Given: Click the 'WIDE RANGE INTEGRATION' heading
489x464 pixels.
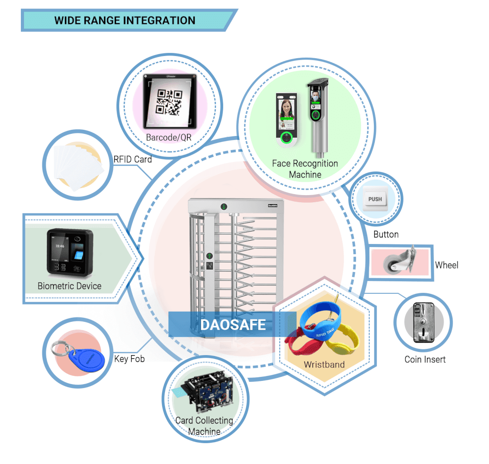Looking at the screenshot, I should (124, 20).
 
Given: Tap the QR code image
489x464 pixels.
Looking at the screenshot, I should (169, 102).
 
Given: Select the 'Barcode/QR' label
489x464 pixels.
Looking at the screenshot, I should (168, 137).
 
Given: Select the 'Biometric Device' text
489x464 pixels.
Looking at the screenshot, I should (69, 286).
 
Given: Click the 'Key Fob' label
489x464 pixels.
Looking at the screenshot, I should (129, 359).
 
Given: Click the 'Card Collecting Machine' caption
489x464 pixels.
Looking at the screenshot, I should (204, 426).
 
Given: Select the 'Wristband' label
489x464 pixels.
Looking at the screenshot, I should (324, 364).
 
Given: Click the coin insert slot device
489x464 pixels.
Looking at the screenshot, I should (422, 322).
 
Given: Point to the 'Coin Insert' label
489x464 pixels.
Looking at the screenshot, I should (425, 360).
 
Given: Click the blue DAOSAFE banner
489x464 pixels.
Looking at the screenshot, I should (232, 324).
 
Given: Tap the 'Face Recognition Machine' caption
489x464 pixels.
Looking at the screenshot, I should (305, 169).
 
